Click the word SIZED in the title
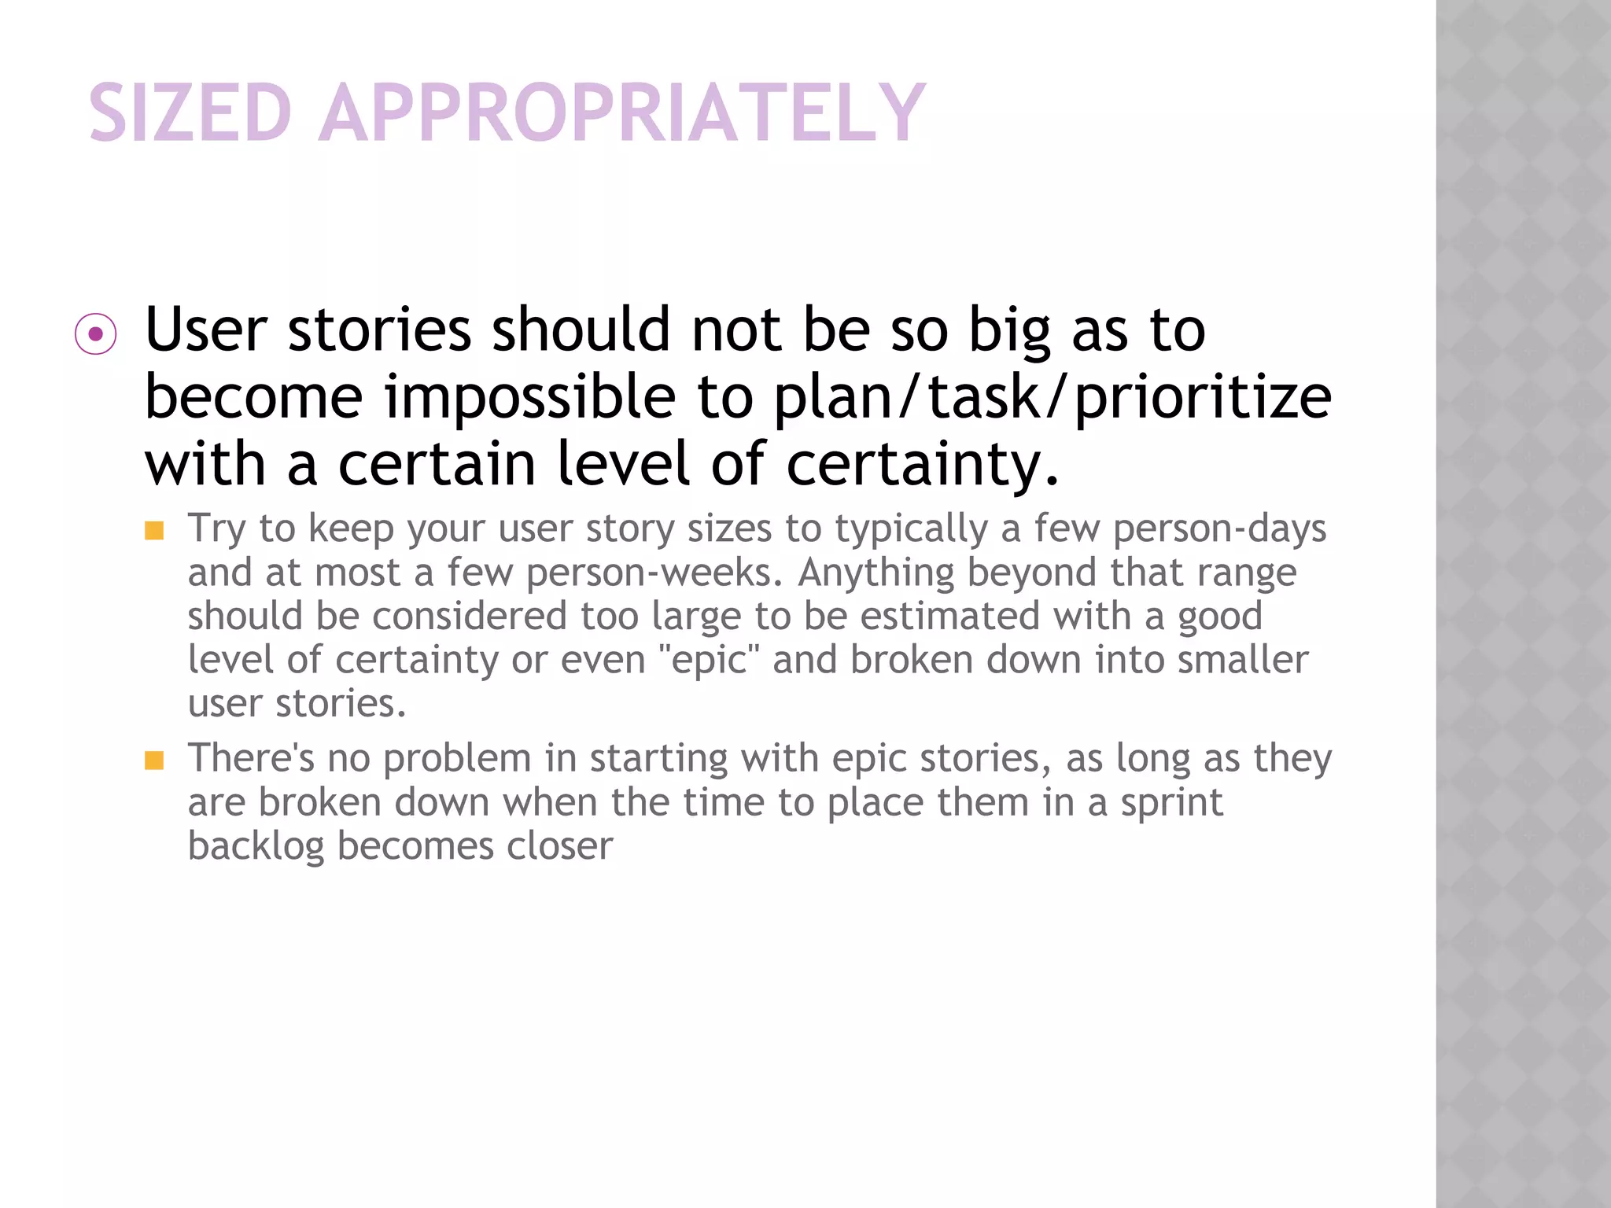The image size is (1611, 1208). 190,113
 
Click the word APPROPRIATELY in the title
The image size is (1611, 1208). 621,113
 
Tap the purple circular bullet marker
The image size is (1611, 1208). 96,334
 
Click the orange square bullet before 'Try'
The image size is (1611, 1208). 154,531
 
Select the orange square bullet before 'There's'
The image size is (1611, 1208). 154,761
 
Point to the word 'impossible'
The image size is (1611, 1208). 529,397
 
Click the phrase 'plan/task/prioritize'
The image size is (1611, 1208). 1052,397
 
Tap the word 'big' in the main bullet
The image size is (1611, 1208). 1009,330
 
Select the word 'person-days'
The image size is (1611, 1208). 1219,528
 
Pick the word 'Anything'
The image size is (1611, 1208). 876,573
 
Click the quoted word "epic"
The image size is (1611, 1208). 709,659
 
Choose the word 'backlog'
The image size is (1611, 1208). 256,847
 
